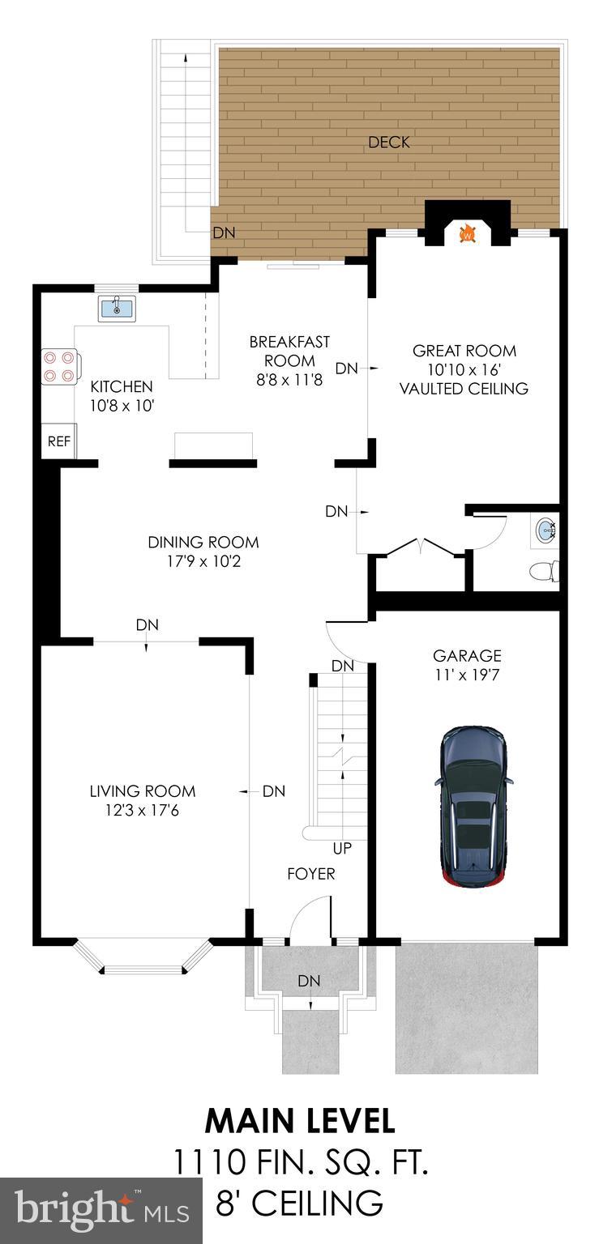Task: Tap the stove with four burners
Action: [x=60, y=365]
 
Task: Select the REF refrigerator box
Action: [x=58, y=441]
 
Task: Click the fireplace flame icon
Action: [x=467, y=234]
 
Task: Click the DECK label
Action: [x=389, y=143]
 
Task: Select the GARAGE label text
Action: [x=467, y=656]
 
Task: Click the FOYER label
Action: [x=311, y=874]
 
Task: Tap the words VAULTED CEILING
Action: [x=464, y=389]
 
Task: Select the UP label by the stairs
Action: [x=342, y=849]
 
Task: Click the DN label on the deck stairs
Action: [x=224, y=233]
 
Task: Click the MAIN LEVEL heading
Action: [x=300, y=1121]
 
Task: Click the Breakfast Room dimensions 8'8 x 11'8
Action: [x=289, y=379]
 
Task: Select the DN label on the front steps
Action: [x=309, y=981]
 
